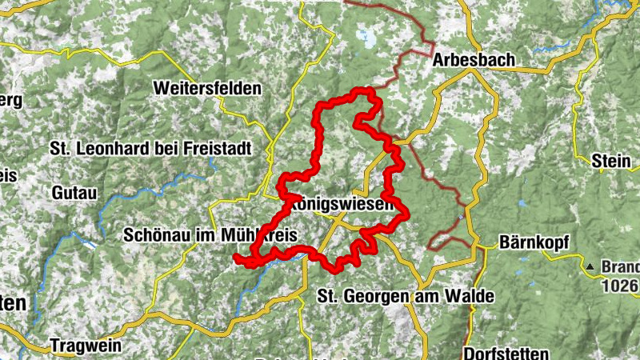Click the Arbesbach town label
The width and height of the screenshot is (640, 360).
(473, 60)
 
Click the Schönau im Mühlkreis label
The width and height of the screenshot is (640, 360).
(210, 235)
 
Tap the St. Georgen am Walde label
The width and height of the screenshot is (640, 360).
(406, 296)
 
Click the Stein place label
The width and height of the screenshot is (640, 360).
(611, 161)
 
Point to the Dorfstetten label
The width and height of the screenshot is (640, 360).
(506, 353)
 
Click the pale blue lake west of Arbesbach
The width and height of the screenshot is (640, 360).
(367, 36)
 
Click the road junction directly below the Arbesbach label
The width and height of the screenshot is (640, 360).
(472, 71)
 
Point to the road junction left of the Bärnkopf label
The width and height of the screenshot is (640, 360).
(482, 247)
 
